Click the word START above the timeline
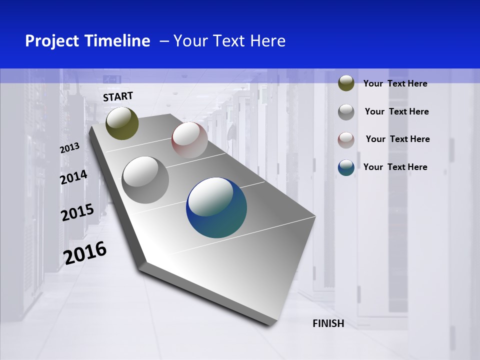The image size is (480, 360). tap(118, 96)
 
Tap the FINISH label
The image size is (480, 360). tap(328, 323)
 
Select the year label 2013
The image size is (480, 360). tap(70, 148)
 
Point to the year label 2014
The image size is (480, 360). tap(73, 177)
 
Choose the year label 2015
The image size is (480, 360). tap(77, 212)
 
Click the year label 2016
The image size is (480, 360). tap(85, 253)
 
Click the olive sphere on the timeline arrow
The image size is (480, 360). tap(122, 123)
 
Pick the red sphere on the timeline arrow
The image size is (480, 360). tap(189, 140)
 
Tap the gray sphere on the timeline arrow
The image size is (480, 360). tap(145, 180)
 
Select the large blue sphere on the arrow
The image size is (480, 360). tap(216, 207)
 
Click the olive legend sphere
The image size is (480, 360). tap(346, 83)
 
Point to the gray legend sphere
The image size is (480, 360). tap(346, 111)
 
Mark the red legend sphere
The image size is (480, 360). tap(346, 139)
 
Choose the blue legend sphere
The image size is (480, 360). tap(346, 167)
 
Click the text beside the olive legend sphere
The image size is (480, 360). tap(395, 83)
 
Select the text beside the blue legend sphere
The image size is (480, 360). tap(395, 167)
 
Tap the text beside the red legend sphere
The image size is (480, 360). tap(397, 139)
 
